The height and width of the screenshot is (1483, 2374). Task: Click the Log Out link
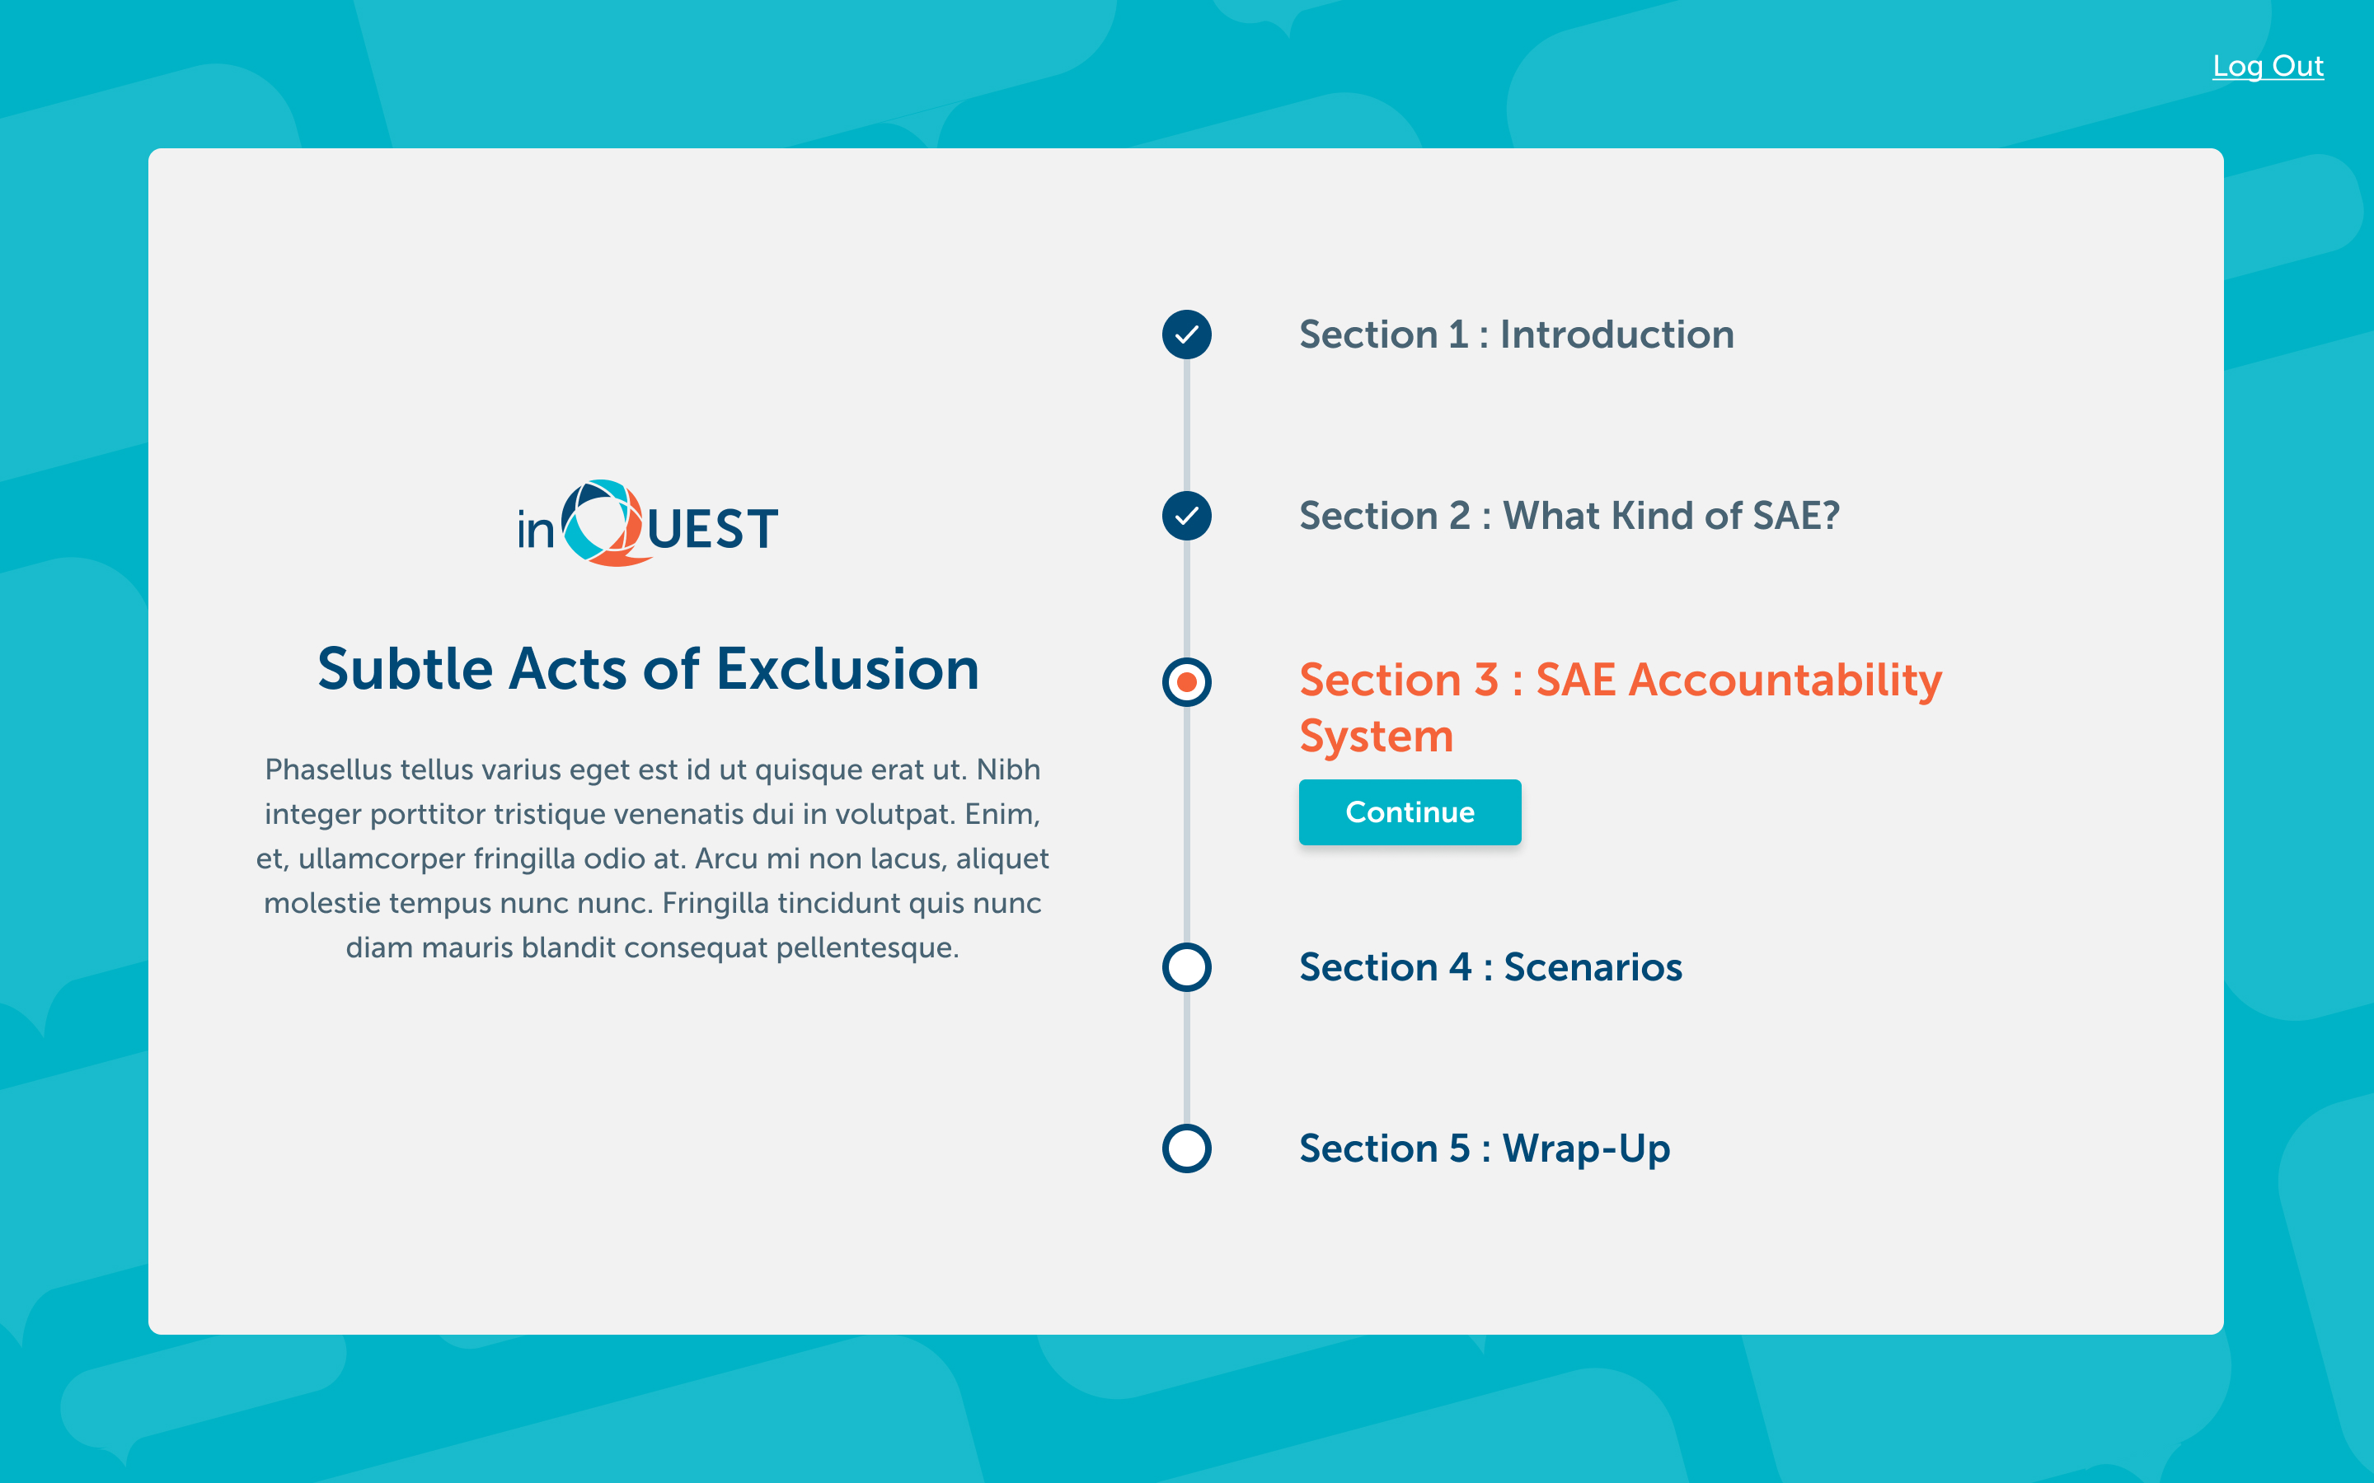pyautogui.click(x=2268, y=66)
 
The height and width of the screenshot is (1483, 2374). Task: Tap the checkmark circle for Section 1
pyautogui.click(x=1187, y=334)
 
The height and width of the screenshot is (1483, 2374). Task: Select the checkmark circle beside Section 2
pyautogui.click(x=1187, y=516)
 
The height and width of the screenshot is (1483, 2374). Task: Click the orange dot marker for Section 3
pyautogui.click(x=1187, y=681)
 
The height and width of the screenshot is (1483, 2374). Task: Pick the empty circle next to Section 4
pyautogui.click(x=1187, y=967)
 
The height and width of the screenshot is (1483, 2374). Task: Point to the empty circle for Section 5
pyautogui.click(x=1187, y=1149)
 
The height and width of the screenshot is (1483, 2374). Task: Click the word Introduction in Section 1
pyautogui.click(x=1616, y=334)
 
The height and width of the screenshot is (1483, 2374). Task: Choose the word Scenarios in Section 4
pyautogui.click(x=1593, y=967)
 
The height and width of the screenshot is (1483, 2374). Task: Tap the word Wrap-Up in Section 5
pyautogui.click(x=1586, y=1149)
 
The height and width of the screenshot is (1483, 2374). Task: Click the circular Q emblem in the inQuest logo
pyautogui.click(x=603, y=523)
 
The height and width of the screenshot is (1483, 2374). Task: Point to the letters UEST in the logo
pyautogui.click(x=712, y=530)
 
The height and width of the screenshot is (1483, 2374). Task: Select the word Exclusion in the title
pyautogui.click(x=847, y=670)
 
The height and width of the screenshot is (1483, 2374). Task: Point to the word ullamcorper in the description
pyautogui.click(x=382, y=859)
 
